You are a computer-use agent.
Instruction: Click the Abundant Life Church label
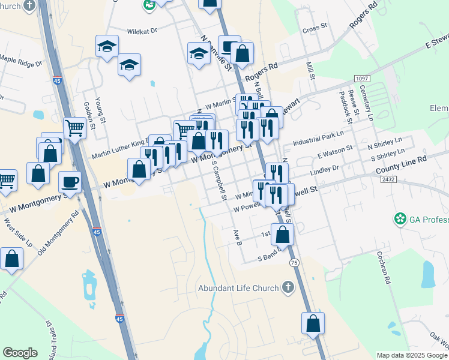coord(238,288)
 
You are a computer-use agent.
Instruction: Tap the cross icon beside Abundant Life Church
coord(288,287)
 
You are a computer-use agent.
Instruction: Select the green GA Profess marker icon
coord(400,219)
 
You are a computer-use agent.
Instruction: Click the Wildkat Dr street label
coord(141,31)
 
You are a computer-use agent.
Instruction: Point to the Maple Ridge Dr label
coord(21,60)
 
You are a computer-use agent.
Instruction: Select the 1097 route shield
coord(361,79)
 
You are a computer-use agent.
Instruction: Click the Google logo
coord(20,353)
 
